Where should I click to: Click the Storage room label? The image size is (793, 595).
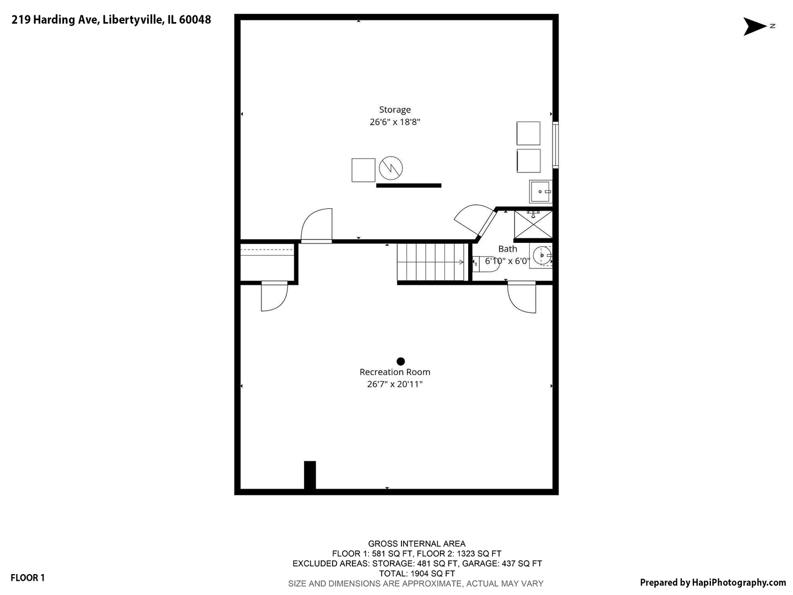[394, 110]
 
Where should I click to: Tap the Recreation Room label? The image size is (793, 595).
[394, 372]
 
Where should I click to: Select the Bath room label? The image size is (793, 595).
[508, 248]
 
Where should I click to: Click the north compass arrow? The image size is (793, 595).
[754, 26]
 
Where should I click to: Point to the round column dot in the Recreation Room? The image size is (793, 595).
[400, 361]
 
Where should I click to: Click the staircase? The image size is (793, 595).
[432, 262]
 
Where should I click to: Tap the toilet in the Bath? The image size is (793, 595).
[485, 264]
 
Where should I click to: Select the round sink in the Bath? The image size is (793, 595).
[542, 256]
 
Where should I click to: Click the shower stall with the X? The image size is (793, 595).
[533, 225]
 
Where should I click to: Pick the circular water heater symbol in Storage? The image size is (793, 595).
[390, 168]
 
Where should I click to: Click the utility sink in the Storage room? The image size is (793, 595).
[540, 192]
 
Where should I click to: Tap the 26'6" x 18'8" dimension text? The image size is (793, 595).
[394, 122]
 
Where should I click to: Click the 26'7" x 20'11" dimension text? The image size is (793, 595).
[394, 384]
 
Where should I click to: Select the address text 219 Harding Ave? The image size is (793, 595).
[55, 19]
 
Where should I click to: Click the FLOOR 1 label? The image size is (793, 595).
[28, 578]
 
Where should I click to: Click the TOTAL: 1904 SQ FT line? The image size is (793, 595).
[417, 574]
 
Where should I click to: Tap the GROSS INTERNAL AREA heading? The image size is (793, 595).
[416, 544]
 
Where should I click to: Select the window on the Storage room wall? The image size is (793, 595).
[556, 145]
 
